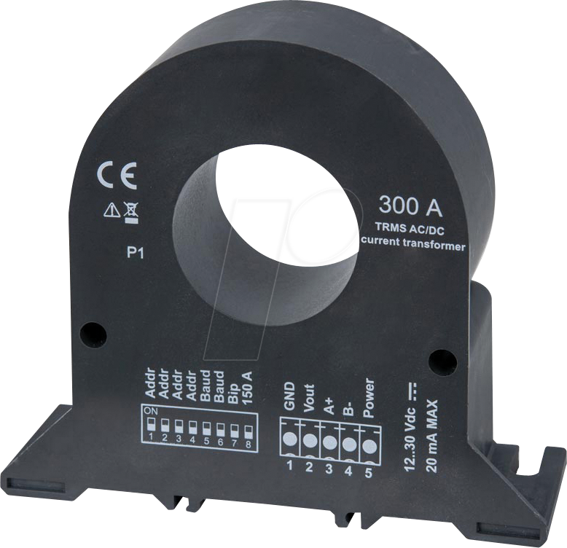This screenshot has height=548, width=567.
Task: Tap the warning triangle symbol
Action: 112,211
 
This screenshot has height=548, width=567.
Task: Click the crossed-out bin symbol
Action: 131,211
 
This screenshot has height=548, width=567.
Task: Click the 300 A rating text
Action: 410,207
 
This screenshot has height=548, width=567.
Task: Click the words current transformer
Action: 413,246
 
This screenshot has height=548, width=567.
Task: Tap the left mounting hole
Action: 93,334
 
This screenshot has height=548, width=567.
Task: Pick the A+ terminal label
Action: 329,404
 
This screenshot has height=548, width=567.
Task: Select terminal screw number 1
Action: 290,439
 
